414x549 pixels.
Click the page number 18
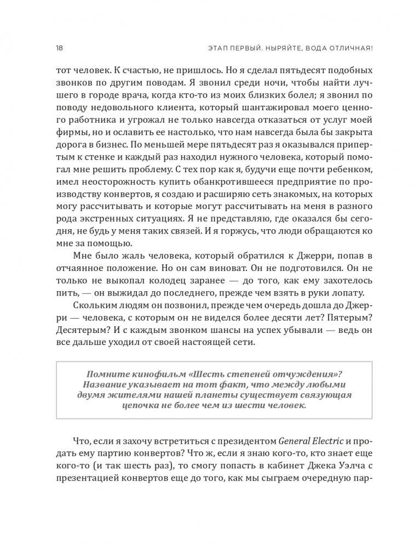tap(60, 48)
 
